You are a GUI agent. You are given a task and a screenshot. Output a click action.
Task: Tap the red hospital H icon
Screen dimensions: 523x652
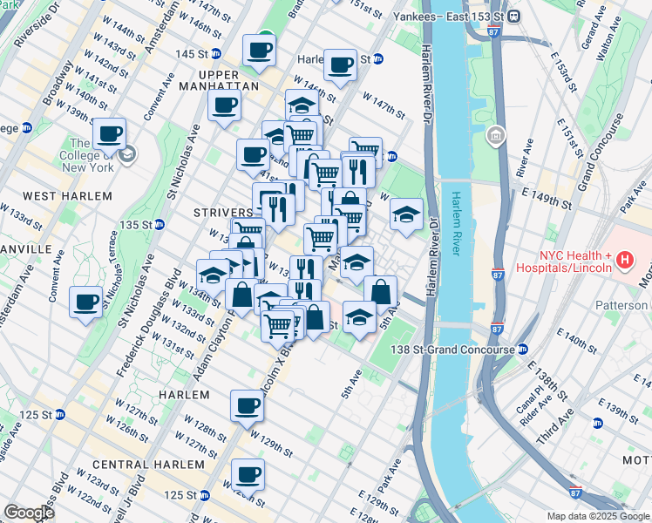tap(624, 259)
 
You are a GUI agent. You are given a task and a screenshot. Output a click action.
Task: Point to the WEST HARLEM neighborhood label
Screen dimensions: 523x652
tap(58, 196)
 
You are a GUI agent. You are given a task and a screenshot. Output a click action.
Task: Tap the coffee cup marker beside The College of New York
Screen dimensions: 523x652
tap(109, 134)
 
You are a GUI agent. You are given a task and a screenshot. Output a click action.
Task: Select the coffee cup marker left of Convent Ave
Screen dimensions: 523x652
tap(85, 302)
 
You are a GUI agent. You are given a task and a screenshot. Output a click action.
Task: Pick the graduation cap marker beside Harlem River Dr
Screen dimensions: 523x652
tap(406, 214)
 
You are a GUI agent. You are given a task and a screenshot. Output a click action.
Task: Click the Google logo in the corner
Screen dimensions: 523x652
tap(29, 513)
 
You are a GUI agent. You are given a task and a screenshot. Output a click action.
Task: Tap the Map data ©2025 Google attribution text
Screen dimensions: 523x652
tap(598, 516)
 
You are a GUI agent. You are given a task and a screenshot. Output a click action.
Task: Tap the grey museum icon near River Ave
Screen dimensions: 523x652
tap(496, 135)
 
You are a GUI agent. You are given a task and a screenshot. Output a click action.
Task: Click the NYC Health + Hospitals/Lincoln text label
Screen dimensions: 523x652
tap(571, 262)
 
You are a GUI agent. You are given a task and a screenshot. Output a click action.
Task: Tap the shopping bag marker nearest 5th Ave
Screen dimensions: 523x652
tap(381, 292)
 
